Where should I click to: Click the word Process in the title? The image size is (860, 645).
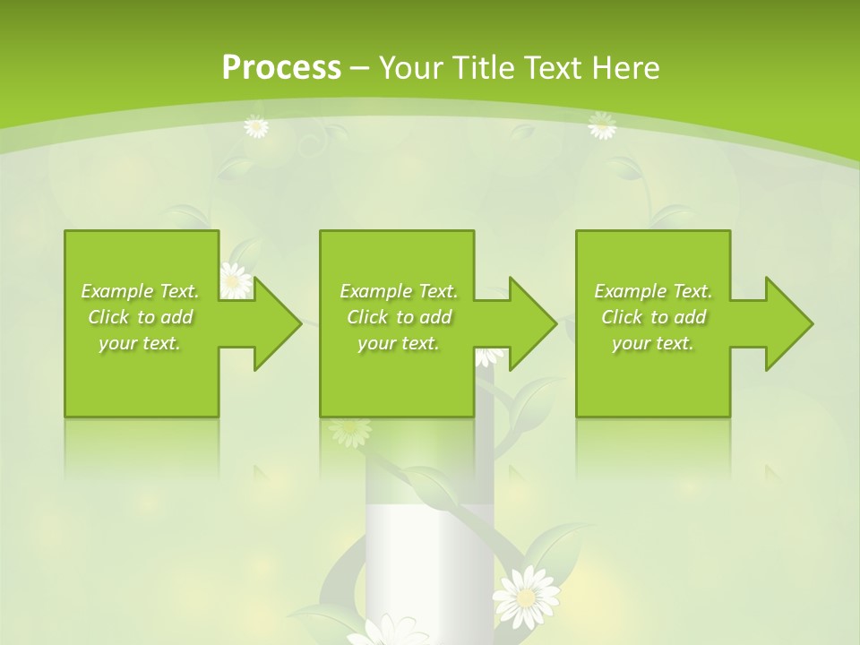pyautogui.click(x=281, y=68)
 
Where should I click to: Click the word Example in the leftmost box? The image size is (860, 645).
pyautogui.click(x=117, y=291)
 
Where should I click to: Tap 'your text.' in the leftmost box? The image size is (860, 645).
pyautogui.click(x=140, y=343)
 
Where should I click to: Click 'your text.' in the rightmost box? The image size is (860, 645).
pyautogui.click(x=652, y=343)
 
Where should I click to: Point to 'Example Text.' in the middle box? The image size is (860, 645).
pyautogui.click(x=398, y=291)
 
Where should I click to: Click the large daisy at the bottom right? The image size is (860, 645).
pyautogui.click(x=527, y=595)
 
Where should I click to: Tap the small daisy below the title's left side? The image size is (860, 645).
pyautogui.click(x=256, y=127)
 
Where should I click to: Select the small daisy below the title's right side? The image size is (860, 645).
pyautogui.click(x=602, y=126)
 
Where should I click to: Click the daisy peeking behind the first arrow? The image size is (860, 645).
pyautogui.click(x=236, y=279)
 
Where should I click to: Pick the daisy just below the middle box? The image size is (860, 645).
pyautogui.click(x=349, y=431)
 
